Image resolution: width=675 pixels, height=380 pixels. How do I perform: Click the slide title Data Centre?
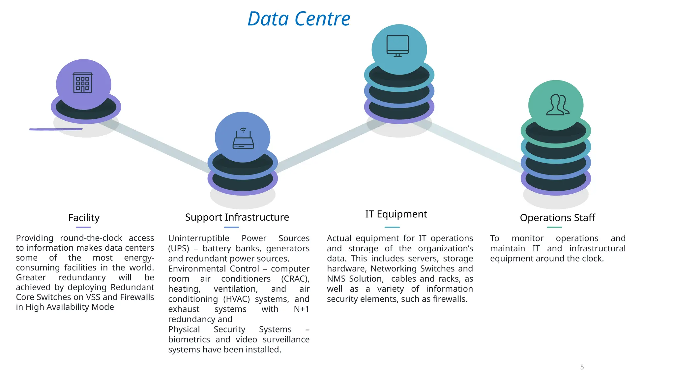coord(299,19)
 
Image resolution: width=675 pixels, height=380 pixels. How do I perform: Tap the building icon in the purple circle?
coord(82,82)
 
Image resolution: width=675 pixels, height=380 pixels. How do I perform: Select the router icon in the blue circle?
coord(243,139)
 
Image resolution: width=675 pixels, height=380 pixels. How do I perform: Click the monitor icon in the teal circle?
coord(397,46)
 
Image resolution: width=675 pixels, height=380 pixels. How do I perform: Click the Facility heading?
coord(84,218)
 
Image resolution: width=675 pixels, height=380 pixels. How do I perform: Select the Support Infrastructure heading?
coord(237,217)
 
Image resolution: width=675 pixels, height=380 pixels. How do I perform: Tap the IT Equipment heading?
coord(396,214)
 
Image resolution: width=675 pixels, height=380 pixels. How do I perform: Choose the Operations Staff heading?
coord(557,218)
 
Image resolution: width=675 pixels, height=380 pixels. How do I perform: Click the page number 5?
coord(582,367)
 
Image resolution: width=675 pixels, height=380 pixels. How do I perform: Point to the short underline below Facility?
coord(83,227)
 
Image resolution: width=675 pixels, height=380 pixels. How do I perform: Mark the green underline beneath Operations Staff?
coord(554,227)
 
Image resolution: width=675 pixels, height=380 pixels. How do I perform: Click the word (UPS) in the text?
coord(179,248)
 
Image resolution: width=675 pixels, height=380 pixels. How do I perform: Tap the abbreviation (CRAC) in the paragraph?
coord(295,279)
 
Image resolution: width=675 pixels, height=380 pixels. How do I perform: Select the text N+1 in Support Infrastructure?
coord(301,309)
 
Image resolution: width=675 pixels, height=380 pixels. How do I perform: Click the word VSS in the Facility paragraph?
coord(93,297)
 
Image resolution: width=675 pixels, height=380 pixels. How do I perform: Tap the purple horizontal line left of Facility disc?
coord(56,129)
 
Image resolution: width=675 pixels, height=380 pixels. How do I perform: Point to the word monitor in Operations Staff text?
coord(527,238)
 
